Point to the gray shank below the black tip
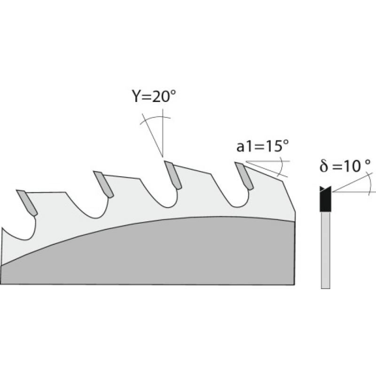pos(325,249)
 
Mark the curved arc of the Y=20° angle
pos(151,118)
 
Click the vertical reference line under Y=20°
pos(163,134)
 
